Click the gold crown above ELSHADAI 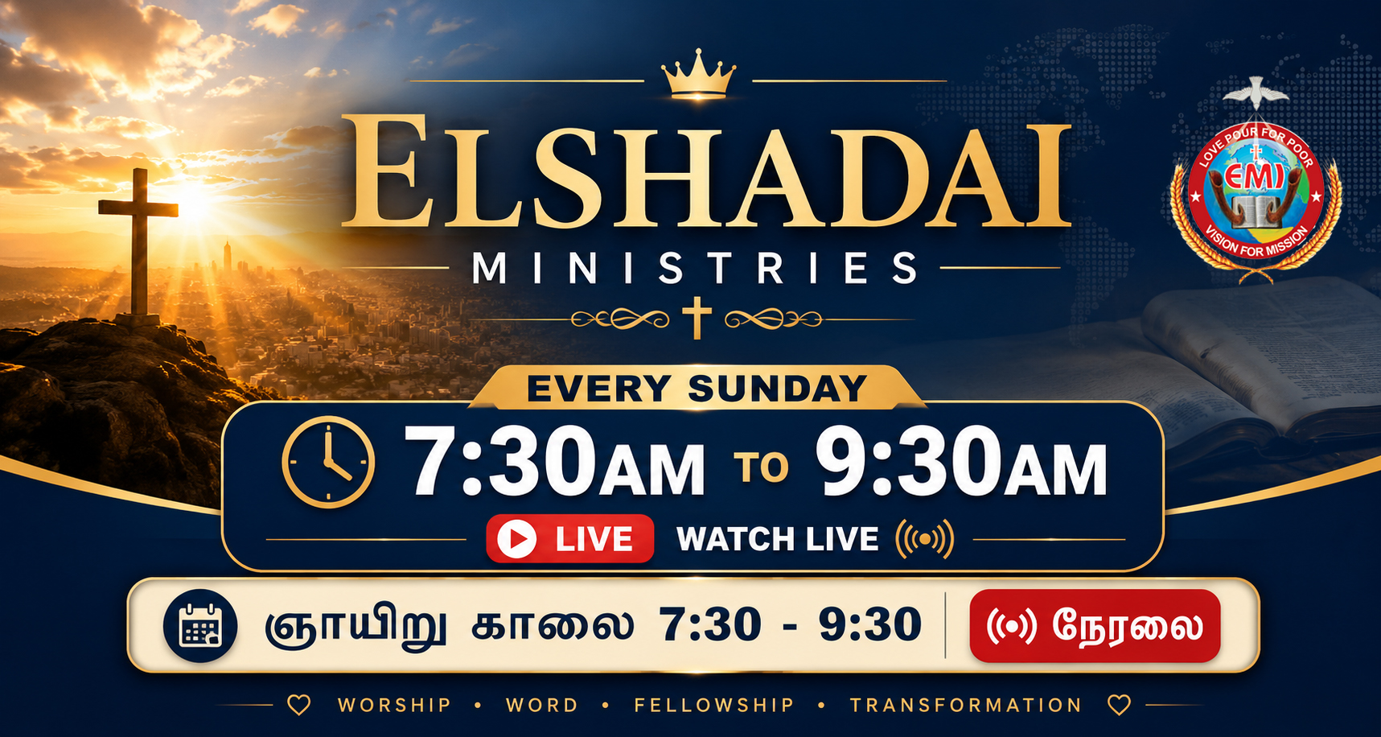click(x=698, y=75)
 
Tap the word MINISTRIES click(x=695, y=268)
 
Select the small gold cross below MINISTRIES click(x=697, y=318)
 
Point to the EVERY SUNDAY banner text click(x=697, y=389)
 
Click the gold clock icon click(x=328, y=462)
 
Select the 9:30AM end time click(x=961, y=462)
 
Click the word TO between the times click(x=761, y=467)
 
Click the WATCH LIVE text click(x=777, y=539)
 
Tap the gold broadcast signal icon click(x=925, y=539)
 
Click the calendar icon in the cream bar click(x=200, y=626)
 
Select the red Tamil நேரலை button click(x=1095, y=626)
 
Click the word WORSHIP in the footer click(x=394, y=706)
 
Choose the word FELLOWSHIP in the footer click(x=714, y=706)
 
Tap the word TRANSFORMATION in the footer click(x=966, y=706)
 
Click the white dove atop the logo click(x=1256, y=93)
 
